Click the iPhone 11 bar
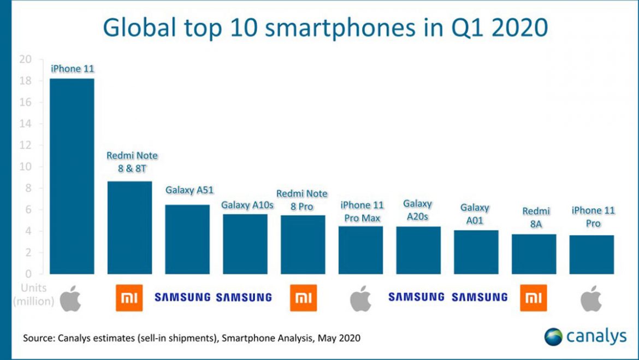point(72,176)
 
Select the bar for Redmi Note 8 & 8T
point(129,227)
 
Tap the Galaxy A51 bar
point(187,239)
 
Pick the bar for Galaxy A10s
point(245,244)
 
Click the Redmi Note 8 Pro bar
point(303,244)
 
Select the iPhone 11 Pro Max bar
point(360,250)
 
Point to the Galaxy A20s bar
point(418,250)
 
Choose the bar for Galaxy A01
point(476,252)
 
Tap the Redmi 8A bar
point(534,254)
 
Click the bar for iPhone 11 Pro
point(591,255)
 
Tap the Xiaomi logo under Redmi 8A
point(534,298)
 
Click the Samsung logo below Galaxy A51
point(182,297)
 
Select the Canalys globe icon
point(553,337)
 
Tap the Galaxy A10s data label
point(244,205)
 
